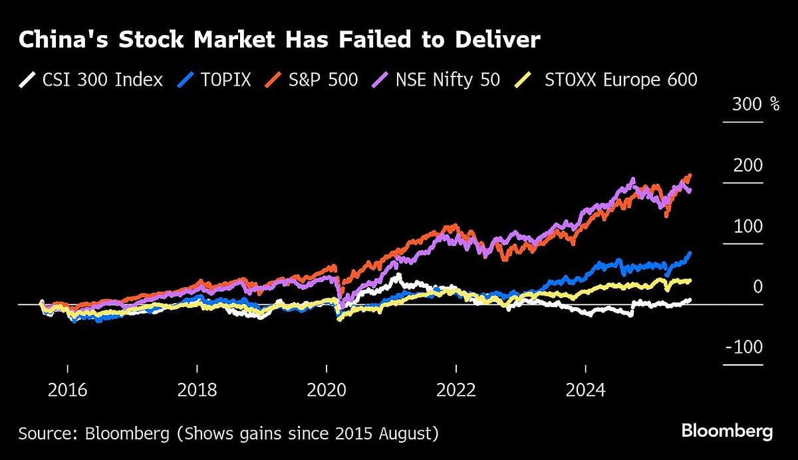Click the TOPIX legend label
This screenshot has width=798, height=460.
[x=227, y=80]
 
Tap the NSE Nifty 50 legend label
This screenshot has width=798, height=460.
[x=448, y=80]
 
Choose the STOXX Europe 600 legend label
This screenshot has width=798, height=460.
[x=620, y=80]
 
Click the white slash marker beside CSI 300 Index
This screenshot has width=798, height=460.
[x=27, y=80]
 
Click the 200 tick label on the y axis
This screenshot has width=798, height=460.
[x=748, y=166]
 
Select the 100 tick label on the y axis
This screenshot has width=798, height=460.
[x=748, y=227]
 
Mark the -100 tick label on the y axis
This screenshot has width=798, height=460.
[x=743, y=348]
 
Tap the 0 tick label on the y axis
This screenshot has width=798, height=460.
[x=757, y=287]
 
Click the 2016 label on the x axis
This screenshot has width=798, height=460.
[x=67, y=390]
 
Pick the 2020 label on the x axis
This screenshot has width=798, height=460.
[x=327, y=390]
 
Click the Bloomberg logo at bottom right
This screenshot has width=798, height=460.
[x=727, y=431]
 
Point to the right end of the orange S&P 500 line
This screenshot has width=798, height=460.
[x=690, y=175]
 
